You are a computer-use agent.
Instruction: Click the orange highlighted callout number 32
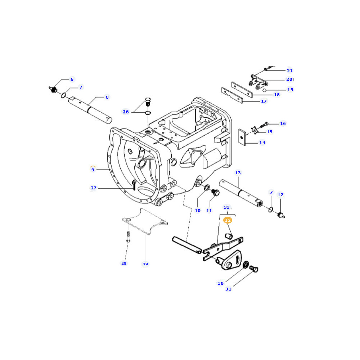tap(228, 220)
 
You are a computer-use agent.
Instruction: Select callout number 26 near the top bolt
tap(126, 112)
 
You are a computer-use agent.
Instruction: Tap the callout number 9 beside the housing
tap(93, 170)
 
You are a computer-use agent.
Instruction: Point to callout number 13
tap(238, 173)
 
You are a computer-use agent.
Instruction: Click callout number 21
tap(290, 71)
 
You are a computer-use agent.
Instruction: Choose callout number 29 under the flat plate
tap(145, 264)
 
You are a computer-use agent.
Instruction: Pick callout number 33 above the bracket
tap(226, 207)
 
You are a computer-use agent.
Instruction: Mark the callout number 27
tap(94, 188)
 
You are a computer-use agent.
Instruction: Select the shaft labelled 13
tap(241, 193)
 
